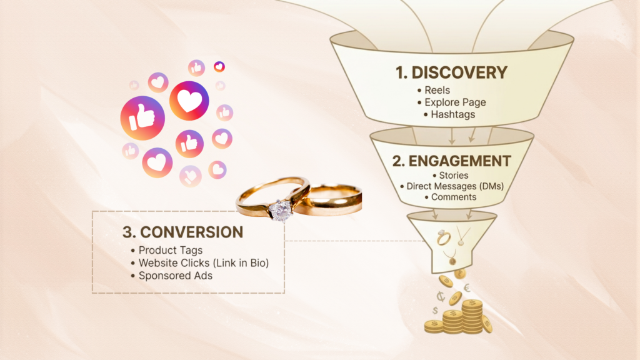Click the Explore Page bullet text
pyautogui.click(x=451, y=102)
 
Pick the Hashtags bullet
pyautogui.click(x=449, y=114)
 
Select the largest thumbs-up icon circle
pyautogui.click(x=142, y=118)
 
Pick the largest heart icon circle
pyautogui.click(x=189, y=101)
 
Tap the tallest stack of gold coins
pyautogui.click(x=472, y=316)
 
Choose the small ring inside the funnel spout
pyautogui.click(x=442, y=237)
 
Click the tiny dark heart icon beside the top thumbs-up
pyautogui.click(x=219, y=66)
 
